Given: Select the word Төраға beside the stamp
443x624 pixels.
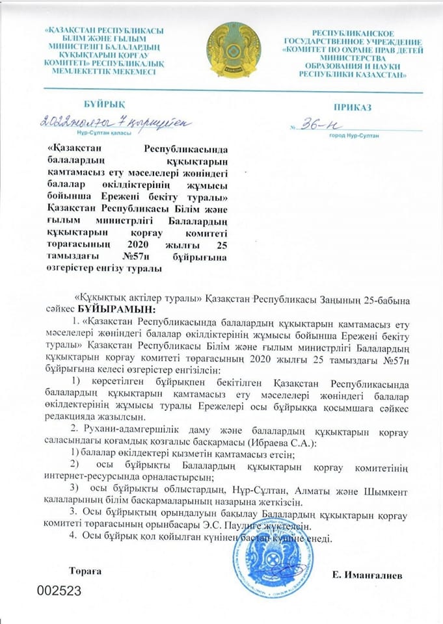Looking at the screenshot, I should click(86, 570).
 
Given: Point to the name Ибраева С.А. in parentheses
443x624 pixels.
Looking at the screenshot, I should click(286, 443).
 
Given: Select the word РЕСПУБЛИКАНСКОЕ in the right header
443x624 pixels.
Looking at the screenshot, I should click(353, 32).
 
